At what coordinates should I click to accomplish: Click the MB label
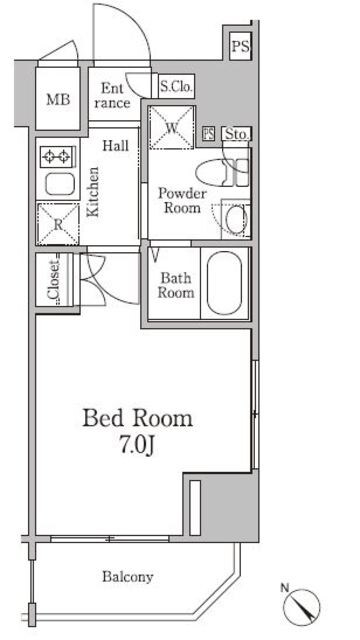click(x=58, y=99)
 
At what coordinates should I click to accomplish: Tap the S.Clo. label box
click(x=176, y=87)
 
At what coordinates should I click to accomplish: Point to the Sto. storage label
click(x=236, y=134)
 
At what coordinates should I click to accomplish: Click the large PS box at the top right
click(x=240, y=46)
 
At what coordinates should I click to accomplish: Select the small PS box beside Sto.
click(x=209, y=134)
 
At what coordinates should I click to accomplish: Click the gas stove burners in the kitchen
click(x=58, y=157)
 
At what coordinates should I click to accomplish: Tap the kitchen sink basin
click(x=60, y=184)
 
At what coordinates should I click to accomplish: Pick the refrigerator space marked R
click(x=58, y=224)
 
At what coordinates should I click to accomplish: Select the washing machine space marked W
click(x=171, y=128)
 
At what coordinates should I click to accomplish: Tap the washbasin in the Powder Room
click(x=236, y=218)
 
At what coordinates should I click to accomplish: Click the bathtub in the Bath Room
click(x=224, y=283)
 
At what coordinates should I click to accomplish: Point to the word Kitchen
click(x=93, y=191)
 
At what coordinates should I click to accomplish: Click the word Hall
click(x=115, y=146)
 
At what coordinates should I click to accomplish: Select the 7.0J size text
click(x=137, y=445)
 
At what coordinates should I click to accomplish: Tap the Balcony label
click(x=128, y=577)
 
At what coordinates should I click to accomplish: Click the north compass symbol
click(x=302, y=607)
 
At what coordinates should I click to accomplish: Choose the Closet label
click(x=54, y=280)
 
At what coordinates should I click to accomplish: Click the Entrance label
click(x=113, y=95)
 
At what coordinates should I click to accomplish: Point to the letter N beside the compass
click(x=285, y=588)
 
